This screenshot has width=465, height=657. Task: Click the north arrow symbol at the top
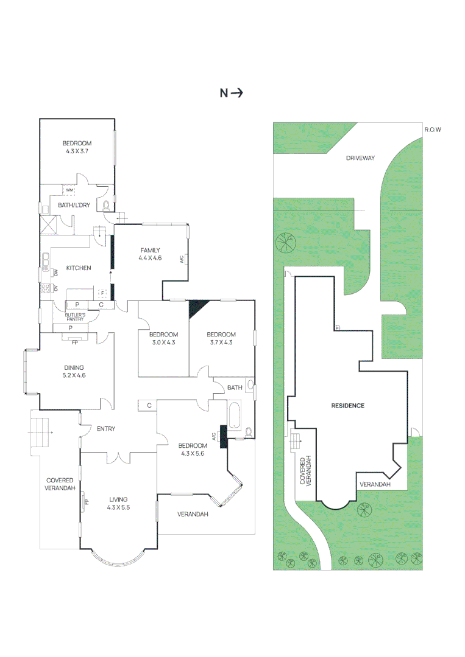click(231, 93)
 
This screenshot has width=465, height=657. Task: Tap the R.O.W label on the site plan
click(432, 130)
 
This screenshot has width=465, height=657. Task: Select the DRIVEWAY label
click(360, 158)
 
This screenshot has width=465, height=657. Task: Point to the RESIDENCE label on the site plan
click(347, 406)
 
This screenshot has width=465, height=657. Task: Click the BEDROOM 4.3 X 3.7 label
click(77, 147)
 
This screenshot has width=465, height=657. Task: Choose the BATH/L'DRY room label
click(74, 205)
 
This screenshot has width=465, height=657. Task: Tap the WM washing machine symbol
click(69, 190)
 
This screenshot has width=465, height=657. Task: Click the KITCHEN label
click(79, 268)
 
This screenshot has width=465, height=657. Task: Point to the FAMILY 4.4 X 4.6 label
click(150, 254)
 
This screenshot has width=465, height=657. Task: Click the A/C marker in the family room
click(182, 259)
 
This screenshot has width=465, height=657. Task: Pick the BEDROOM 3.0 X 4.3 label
click(163, 338)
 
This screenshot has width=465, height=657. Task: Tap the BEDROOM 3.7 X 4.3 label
click(221, 338)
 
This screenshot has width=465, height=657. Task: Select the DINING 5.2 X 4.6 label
click(74, 372)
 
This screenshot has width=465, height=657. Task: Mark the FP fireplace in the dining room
click(75, 341)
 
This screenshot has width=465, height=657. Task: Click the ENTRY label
click(106, 429)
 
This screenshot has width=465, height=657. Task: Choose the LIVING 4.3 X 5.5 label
click(118, 503)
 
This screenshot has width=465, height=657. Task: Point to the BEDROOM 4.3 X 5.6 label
click(193, 450)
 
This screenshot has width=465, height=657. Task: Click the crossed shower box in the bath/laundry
click(48, 225)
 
